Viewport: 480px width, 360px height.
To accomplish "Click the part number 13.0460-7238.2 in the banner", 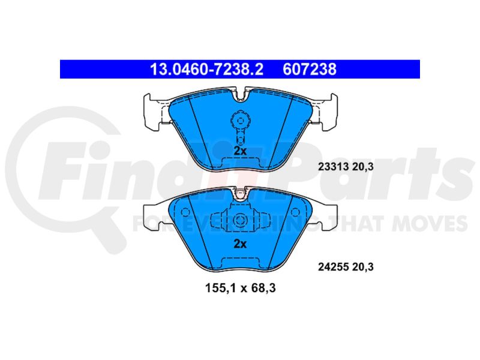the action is click(206, 69).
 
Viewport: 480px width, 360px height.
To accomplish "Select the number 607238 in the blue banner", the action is click(310, 69).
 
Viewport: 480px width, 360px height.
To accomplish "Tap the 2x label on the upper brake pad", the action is click(240, 151).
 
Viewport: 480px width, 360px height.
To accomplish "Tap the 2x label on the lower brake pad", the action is click(240, 244).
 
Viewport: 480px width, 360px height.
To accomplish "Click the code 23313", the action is click(334, 167).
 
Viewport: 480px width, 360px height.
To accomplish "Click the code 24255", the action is click(334, 267).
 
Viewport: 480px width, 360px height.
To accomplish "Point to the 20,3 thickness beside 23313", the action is click(363, 167).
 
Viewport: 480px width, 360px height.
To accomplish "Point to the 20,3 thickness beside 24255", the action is click(363, 267).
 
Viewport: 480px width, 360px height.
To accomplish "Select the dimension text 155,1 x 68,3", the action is click(241, 288).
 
